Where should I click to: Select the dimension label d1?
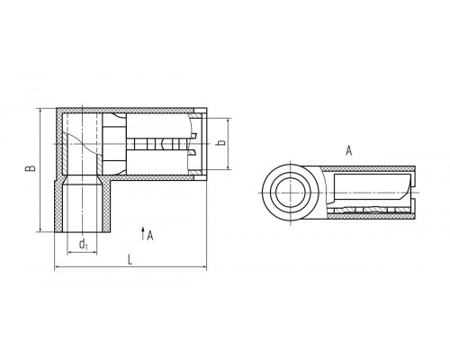click(83, 244)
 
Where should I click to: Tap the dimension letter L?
click(130, 259)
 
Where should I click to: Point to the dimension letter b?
click(221, 142)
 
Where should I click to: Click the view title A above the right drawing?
click(348, 150)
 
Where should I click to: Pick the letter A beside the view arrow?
click(150, 235)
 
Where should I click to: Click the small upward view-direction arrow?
click(143, 233)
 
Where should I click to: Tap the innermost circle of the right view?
click(290, 193)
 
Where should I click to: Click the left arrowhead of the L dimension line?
click(57, 266)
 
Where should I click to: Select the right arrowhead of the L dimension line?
click(204, 266)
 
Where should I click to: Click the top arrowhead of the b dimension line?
click(229, 121)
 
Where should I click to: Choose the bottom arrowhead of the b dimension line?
click(229, 166)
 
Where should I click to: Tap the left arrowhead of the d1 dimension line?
click(69, 253)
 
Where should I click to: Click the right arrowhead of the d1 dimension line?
click(94, 253)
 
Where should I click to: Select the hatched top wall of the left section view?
click(126, 111)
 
